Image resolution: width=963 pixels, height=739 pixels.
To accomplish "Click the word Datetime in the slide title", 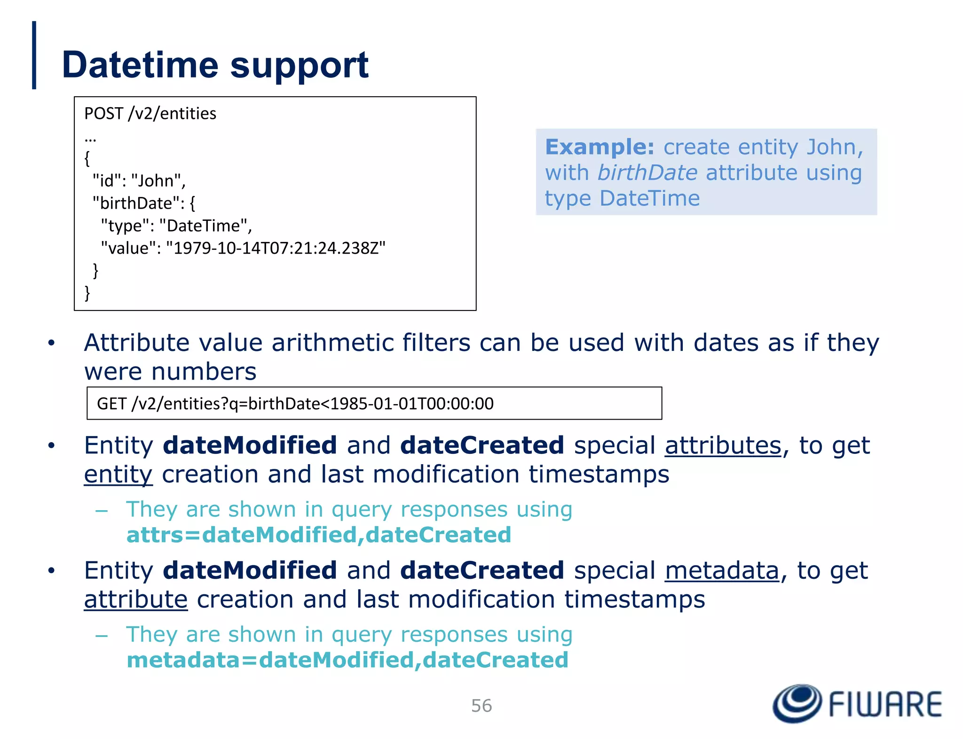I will pos(140,65).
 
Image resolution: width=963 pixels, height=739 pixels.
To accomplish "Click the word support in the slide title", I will pos(299,66).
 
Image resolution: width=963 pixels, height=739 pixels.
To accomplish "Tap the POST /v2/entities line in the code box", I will pos(150,114).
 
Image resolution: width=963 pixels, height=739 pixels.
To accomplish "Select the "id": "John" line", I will pos(139,181).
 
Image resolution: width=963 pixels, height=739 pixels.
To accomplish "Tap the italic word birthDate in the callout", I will pos(647,172).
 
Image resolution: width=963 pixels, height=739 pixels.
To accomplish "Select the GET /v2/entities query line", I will pos(295,404).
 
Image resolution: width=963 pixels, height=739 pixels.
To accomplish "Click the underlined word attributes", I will pos(723,445).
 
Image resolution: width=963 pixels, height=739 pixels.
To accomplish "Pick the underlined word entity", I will pos(118,475).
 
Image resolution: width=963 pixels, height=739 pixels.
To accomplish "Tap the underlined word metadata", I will pos(722,571).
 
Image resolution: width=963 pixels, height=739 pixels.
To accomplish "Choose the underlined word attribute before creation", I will pos(135,600).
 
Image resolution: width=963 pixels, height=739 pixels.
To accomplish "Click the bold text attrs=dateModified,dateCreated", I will pos(318,535).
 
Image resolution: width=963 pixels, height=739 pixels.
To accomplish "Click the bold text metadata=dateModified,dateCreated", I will pos(347,660).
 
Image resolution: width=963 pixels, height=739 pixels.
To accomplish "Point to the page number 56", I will pos(481,706).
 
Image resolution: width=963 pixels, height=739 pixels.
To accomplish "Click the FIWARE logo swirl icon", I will pos(797,703).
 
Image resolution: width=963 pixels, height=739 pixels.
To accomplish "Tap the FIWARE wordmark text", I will pos(885,704).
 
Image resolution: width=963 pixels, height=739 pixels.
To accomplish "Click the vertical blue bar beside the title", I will pos(34,55).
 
